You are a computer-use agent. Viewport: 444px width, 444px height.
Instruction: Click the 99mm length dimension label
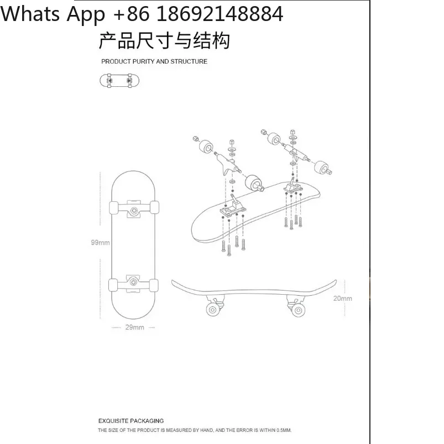click(x=100, y=242)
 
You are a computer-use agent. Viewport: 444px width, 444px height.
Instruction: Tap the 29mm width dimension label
click(x=134, y=327)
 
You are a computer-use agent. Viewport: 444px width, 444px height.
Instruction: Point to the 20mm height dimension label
click(x=343, y=299)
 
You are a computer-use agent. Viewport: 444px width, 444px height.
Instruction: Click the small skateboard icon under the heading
click(x=119, y=81)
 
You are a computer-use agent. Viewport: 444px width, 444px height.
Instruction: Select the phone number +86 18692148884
click(x=198, y=14)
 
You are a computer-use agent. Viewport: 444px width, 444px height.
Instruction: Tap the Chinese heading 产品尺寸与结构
click(x=164, y=41)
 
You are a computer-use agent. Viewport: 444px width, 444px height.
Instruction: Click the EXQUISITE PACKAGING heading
click(x=131, y=421)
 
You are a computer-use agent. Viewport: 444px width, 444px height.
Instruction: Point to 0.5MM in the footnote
click(x=284, y=430)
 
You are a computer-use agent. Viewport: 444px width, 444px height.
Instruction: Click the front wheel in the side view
click(x=213, y=310)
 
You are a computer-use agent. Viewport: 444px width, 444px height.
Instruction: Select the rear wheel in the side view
click(x=298, y=310)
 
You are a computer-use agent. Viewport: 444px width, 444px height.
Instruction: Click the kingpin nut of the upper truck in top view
click(x=134, y=211)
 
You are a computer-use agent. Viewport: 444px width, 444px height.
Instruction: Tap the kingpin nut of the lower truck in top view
click(x=133, y=282)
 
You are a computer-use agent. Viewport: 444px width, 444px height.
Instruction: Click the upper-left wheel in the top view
click(x=114, y=207)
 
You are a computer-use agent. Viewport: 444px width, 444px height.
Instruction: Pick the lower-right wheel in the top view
click(x=154, y=285)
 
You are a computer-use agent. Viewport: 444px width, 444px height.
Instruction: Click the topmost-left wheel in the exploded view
click(x=207, y=146)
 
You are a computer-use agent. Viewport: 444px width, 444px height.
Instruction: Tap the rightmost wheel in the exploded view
click(x=322, y=167)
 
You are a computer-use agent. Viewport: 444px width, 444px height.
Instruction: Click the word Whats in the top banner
click(x=30, y=14)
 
